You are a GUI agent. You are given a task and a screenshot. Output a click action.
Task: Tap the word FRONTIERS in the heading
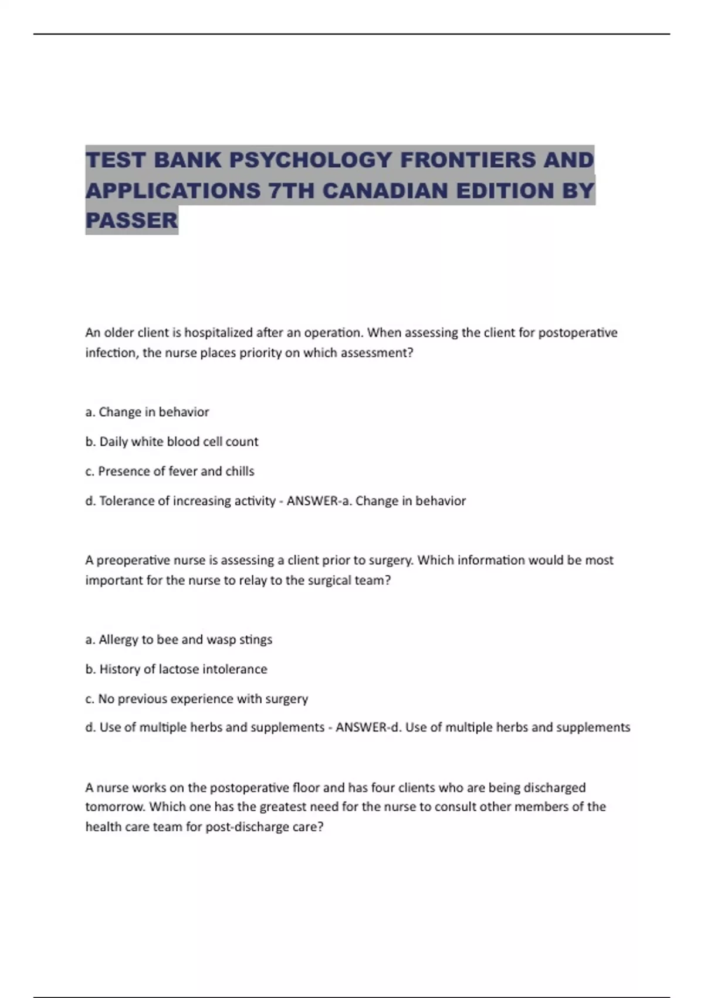(x=467, y=160)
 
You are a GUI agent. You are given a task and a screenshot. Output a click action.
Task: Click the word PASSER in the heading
(x=131, y=220)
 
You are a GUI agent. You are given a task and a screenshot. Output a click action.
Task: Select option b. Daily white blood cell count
(x=172, y=441)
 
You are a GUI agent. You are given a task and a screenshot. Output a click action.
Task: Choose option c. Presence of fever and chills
(x=170, y=471)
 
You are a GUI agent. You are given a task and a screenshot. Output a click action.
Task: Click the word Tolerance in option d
(x=127, y=501)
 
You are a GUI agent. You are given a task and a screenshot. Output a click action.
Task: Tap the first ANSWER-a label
(x=319, y=501)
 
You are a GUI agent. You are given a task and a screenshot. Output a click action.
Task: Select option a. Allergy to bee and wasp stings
(x=179, y=639)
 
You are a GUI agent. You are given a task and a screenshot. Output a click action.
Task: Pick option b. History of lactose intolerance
(x=176, y=669)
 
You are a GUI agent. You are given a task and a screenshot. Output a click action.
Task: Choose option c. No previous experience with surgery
(x=197, y=699)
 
